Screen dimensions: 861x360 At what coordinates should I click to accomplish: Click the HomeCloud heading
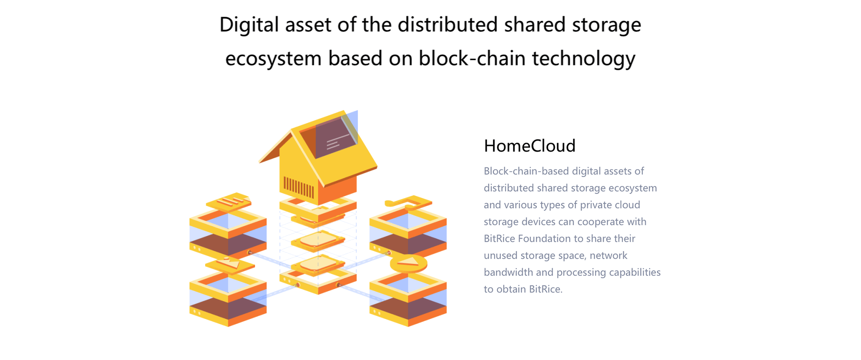(530, 146)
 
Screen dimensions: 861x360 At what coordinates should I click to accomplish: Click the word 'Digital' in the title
(249, 25)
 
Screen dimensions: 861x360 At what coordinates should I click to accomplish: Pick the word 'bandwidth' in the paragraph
(508, 272)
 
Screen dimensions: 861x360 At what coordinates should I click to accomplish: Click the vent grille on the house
(299, 186)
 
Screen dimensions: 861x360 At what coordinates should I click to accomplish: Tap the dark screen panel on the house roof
(335, 137)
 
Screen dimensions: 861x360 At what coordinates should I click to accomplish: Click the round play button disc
(408, 263)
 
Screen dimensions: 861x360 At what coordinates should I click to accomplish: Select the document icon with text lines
(229, 202)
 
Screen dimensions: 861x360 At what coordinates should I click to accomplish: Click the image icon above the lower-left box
(230, 264)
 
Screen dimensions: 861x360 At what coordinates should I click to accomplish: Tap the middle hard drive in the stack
(318, 240)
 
